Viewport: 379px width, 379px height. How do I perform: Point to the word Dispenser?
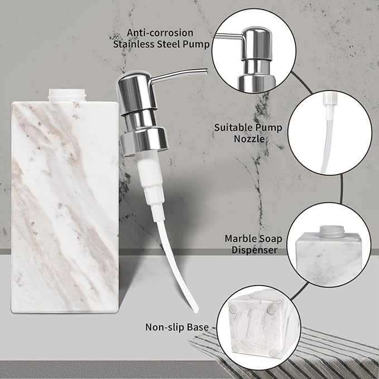(x=254, y=250)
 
